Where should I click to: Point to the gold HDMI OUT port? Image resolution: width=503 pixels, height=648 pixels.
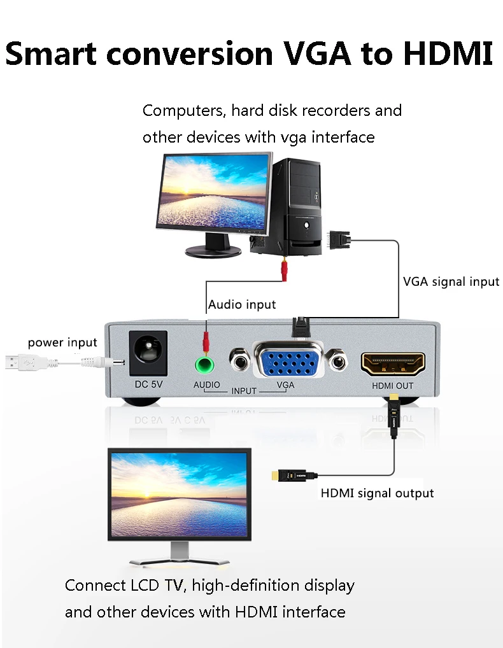(393, 363)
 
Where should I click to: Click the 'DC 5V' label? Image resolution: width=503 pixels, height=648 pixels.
(148, 384)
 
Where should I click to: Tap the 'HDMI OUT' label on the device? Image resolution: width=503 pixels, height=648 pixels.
(393, 386)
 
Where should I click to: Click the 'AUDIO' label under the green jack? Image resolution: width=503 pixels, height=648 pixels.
(206, 385)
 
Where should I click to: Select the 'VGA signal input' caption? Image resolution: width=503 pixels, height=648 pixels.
(451, 281)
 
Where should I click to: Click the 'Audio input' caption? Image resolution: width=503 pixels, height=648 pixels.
(242, 304)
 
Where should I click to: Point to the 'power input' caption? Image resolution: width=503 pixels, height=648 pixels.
(62, 342)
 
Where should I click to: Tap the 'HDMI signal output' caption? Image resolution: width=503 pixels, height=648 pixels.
(377, 493)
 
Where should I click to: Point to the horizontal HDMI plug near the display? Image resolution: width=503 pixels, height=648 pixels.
(294, 475)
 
